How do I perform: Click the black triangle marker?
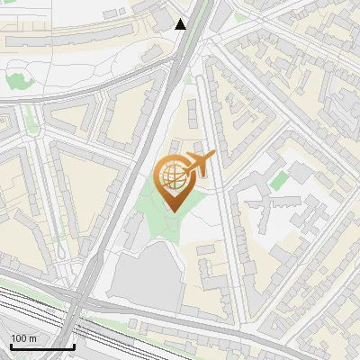pyautogui.click(x=181, y=24)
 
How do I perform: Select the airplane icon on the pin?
pyautogui.click(x=197, y=165)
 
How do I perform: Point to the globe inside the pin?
pyautogui.click(x=173, y=179)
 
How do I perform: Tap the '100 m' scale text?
pyautogui.click(x=24, y=338)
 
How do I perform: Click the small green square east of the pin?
pyautogui.click(x=279, y=179)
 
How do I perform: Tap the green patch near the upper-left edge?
pyautogui.click(x=20, y=79)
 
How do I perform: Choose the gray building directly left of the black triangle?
pyautogui.click(x=162, y=18)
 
